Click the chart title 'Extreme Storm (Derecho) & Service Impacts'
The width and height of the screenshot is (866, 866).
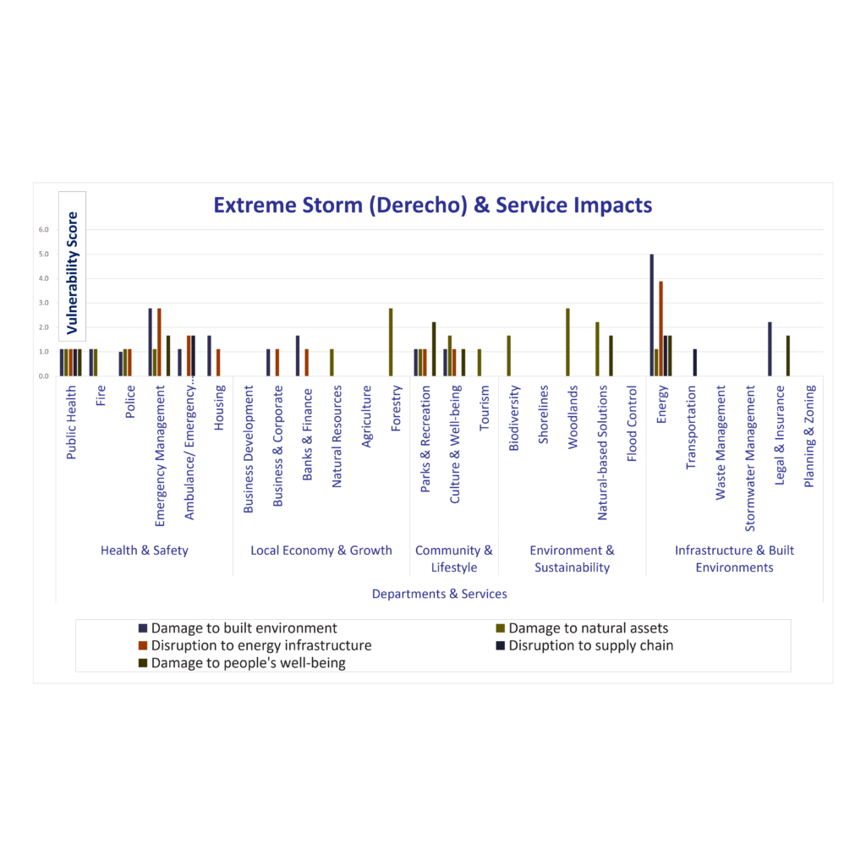click(432, 206)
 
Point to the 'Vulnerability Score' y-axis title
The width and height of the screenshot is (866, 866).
click(73, 272)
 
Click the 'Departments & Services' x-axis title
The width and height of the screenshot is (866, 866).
click(439, 594)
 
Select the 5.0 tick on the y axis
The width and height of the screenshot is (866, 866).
click(43, 255)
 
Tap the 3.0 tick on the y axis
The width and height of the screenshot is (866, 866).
click(43, 303)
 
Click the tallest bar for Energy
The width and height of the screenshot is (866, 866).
click(651, 315)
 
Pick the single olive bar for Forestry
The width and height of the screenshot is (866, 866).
click(391, 342)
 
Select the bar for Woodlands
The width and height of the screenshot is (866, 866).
click(567, 342)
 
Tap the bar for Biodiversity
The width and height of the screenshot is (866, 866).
click(508, 355)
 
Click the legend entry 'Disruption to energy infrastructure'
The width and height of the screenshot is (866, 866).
click(260, 645)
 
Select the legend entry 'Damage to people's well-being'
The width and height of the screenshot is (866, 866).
click(248, 663)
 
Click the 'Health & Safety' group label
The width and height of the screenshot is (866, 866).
click(145, 551)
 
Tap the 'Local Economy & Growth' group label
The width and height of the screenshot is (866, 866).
click(321, 551)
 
